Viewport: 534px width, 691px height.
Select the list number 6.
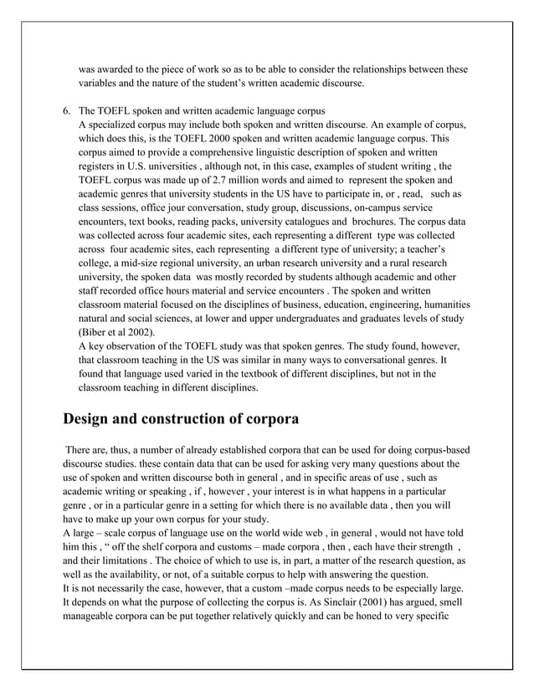[x=67, y=111]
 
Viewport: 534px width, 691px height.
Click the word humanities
[x=442, y=305]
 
